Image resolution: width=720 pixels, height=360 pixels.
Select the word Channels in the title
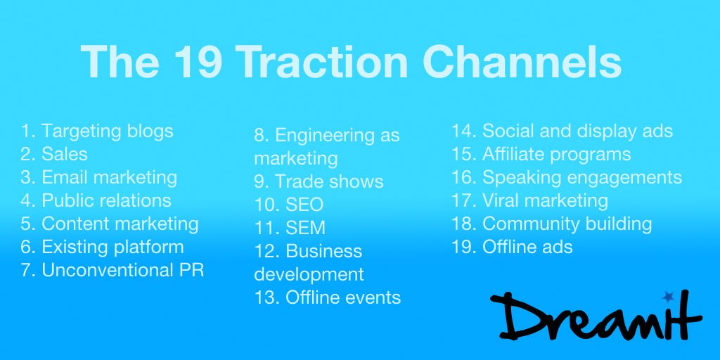click(522, 62)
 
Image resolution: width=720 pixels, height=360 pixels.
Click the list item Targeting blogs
click(97, 131)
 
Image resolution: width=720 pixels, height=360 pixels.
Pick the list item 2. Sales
click(53, 154)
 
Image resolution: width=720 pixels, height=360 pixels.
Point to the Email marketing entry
click(98, 178)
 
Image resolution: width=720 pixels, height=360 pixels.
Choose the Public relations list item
click(96, 200)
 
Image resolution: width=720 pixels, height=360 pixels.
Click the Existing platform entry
click(102, 247)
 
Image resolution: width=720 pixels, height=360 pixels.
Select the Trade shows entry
click(319, 182)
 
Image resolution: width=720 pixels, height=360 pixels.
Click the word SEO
click(304, 205)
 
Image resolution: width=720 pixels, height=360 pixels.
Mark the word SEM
click(305, 229)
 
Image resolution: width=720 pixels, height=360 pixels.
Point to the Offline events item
click(328, 297)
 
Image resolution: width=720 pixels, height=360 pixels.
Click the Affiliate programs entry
click(541, 155)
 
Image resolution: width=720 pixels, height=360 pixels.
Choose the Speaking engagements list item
click(567, 178)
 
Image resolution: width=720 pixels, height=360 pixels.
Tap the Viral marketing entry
click(530, 201)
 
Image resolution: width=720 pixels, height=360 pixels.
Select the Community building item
click(552, 224)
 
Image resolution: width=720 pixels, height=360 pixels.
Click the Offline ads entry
click(512, 247)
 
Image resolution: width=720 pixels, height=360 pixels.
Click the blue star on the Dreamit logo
click(668, 297)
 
